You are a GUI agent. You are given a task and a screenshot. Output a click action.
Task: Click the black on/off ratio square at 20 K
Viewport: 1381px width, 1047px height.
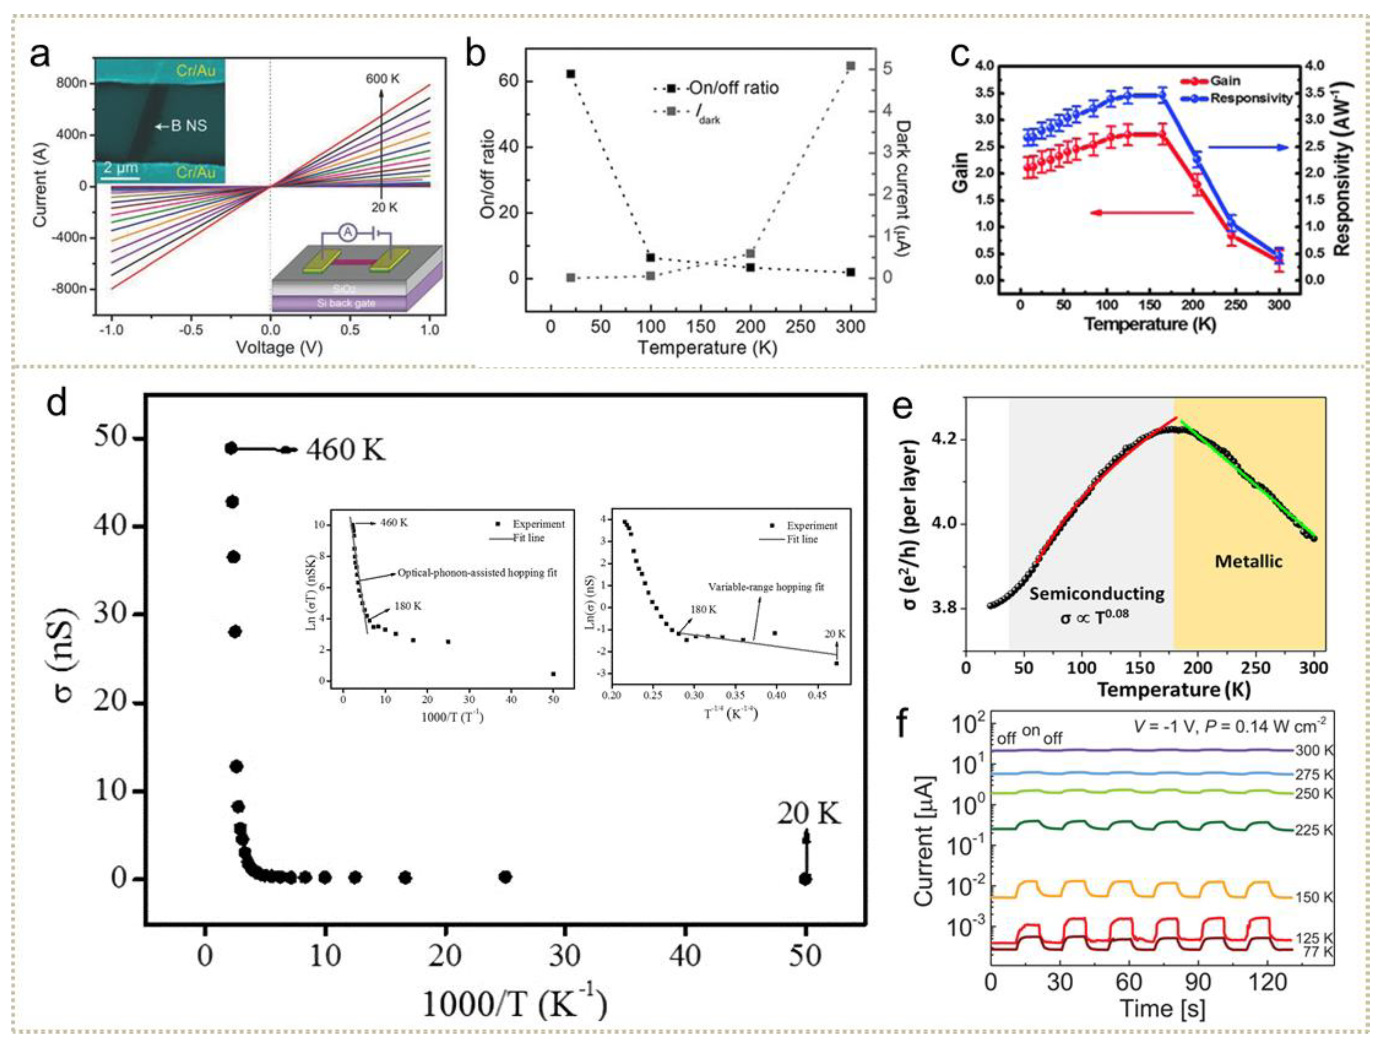click(570, 74)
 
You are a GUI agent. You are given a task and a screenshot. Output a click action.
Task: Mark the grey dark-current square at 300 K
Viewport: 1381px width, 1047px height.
click(850, 66)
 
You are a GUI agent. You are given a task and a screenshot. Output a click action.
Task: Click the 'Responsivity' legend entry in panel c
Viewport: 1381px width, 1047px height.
click(1251, 98)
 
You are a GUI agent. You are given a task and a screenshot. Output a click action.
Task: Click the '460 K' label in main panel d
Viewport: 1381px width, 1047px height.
click(345, 450)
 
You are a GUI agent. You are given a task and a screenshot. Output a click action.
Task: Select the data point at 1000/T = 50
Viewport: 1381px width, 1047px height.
click(805, 879)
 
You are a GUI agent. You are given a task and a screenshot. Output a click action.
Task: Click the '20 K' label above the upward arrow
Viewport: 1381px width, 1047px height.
click(809, 813)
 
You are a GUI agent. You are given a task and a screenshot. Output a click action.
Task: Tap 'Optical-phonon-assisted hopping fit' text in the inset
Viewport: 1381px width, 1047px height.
click(477, 572)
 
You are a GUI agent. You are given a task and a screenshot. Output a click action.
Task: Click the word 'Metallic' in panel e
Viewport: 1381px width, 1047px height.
click(1248, 561)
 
